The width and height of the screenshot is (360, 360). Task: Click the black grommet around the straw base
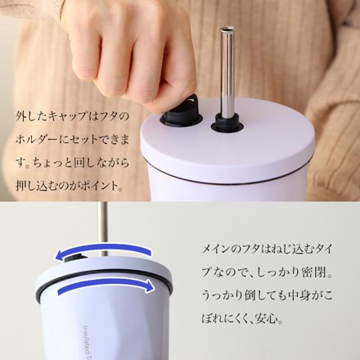(227, 124)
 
